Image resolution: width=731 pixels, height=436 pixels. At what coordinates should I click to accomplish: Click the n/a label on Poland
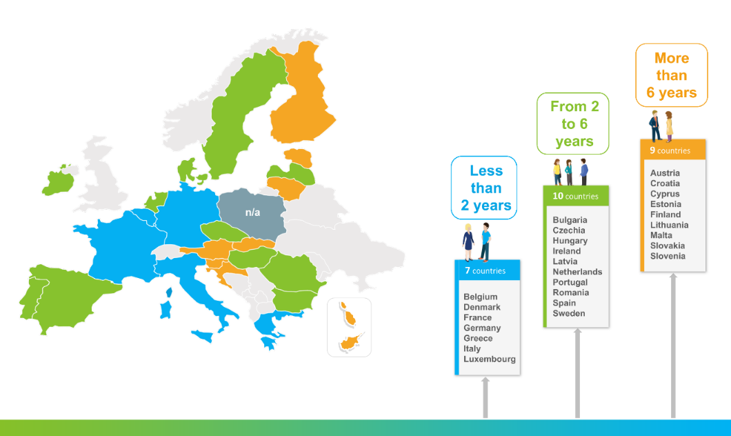pos(252,212)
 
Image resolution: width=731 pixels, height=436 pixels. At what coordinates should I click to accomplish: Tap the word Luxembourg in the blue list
pos(490,359)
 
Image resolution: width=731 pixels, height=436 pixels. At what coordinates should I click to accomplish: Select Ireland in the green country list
pos(566,251)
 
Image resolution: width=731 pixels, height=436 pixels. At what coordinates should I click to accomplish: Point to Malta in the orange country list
pos(661,235)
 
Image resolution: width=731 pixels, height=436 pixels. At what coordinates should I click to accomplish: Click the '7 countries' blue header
pos(488,270)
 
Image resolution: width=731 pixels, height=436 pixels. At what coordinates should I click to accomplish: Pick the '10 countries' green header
pos(577,196)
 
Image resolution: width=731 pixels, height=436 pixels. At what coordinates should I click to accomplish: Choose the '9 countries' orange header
pos(672,150)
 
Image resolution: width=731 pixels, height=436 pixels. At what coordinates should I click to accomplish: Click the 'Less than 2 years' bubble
pos(484,188)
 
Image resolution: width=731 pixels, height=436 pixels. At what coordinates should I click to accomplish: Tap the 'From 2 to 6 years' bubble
pos(573,123)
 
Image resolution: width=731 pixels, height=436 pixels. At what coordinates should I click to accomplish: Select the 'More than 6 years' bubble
pos(672,75)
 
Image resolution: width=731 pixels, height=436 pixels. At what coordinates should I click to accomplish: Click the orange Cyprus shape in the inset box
pos(350,342)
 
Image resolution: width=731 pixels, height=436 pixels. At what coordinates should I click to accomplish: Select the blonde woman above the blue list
pos(468,242)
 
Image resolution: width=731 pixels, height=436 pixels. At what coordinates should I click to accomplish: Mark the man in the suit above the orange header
pos(655,126)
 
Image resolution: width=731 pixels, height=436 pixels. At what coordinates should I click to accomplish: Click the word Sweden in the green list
pos(569,313)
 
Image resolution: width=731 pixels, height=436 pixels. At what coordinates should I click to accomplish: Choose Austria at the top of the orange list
pos(665,173)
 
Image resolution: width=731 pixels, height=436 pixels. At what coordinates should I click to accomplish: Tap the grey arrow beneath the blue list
pos(485,397)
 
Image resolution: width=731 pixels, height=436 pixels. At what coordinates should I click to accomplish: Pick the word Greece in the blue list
pos(478,338)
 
